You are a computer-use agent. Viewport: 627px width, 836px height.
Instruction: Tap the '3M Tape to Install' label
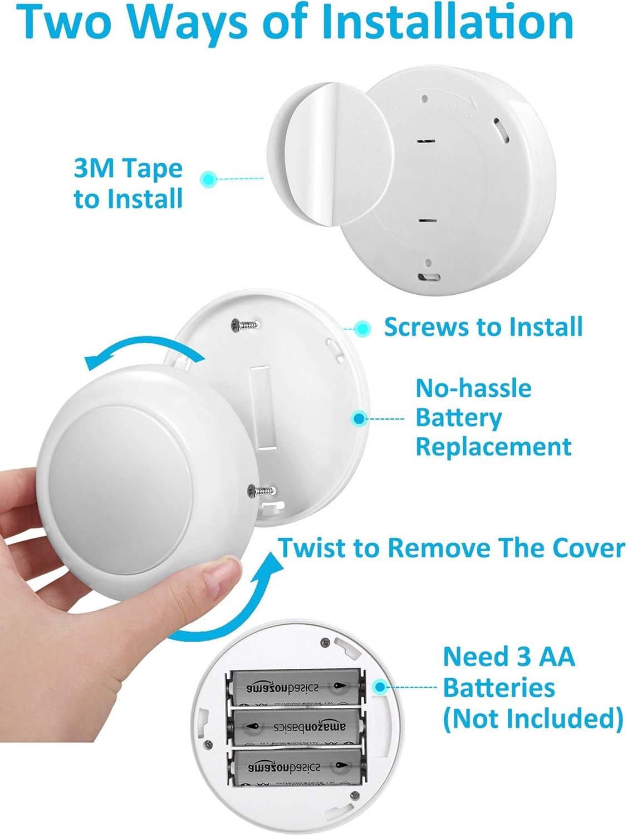click(x=128, y=183)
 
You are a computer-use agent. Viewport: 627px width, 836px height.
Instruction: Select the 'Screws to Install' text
click(x=483, y=327)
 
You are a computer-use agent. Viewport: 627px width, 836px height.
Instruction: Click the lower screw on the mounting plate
click(x=262, y=490)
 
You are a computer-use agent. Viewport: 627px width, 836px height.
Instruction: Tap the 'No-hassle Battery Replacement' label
click(x=493, y=417)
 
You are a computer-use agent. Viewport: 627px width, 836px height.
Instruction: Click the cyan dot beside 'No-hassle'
click(x=359, y=418)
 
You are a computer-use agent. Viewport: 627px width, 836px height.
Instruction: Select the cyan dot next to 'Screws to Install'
click(x=363, y=328)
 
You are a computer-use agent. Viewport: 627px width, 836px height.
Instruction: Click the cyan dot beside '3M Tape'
click(x=208, y=179)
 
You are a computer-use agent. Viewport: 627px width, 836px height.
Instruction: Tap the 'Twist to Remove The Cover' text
click(x=451, y=548)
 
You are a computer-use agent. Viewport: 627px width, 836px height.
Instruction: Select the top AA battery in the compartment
click(x=295, y=688)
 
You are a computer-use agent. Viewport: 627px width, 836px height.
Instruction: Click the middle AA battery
click(x=295, y=727)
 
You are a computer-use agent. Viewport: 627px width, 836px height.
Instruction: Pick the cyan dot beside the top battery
click(x=380, y=686)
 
